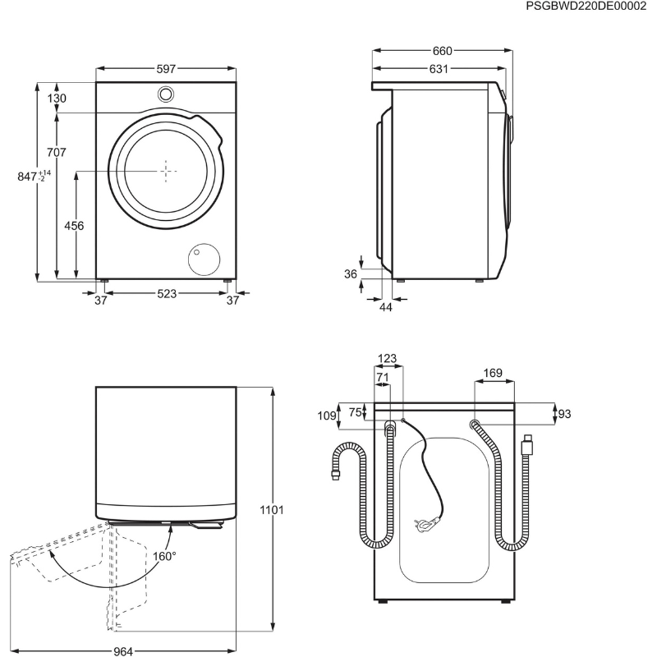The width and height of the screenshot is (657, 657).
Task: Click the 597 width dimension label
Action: pos(166,69)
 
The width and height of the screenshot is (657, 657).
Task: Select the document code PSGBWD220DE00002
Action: pos(586,7)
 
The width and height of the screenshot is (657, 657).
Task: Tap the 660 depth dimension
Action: pos(442,51)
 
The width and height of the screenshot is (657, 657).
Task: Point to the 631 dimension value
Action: pos(439,69)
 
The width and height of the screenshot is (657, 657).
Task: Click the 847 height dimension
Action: pos(34,177)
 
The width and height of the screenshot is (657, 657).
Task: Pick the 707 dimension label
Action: pos(56,152)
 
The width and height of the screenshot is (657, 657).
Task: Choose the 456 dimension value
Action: pos(74,226)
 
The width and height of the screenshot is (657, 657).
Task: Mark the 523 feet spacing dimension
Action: pos(167,294)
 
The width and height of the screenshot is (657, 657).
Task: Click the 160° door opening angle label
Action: pos(164,557)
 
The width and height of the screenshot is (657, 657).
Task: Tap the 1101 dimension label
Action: pos(272,510)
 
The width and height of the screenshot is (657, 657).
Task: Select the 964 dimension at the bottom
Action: pos(123,651)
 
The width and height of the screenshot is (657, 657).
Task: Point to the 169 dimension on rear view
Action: pos(492,373)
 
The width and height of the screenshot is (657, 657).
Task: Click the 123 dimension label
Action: pos(387,359)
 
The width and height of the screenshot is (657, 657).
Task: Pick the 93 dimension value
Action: pos(564,414)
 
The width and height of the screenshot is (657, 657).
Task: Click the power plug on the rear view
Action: pos(426,522)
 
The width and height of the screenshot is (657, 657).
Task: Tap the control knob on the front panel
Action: pos(166,94)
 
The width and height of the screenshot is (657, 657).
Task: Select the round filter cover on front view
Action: pos(204,259)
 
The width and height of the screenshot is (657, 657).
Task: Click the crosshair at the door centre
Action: pos(166,171)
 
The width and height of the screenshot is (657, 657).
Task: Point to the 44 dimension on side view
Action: pos(385,307)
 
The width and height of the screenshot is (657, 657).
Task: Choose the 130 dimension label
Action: pos(56,99)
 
